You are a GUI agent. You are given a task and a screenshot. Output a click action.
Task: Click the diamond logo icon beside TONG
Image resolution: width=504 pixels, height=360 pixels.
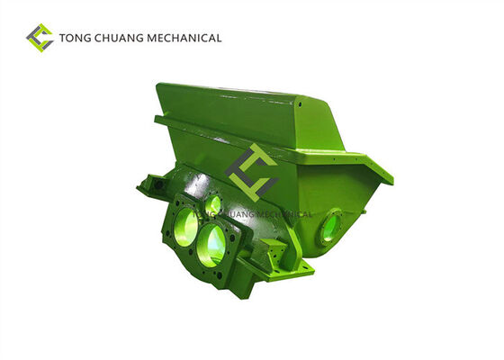point(40,38)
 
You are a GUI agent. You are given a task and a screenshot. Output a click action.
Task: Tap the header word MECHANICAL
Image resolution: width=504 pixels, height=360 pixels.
point(187,39)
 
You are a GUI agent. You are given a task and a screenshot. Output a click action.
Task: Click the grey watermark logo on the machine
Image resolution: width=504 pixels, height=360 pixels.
point(251,172)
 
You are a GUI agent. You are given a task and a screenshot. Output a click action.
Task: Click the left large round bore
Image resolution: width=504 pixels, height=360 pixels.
point(184,222)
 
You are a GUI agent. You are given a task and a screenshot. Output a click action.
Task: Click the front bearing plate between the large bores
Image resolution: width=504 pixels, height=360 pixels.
point(200,236)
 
